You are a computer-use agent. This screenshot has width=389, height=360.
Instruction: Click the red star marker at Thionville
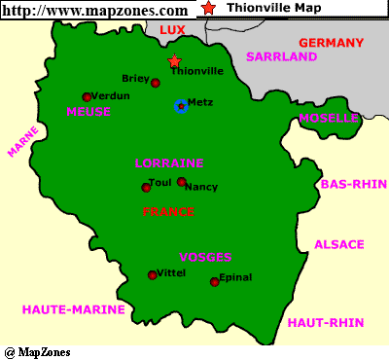tap(175, 61)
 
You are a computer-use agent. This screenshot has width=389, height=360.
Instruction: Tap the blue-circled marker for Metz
tap(181, 105)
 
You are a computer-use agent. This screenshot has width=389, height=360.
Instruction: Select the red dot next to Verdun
tap(87, 96)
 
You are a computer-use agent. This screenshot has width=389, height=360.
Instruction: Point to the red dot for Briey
tap(156, 83)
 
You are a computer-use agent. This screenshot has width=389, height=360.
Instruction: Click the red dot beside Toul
tap(146, 187)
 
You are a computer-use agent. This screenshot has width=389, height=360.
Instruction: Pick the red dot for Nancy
tap(181, 181)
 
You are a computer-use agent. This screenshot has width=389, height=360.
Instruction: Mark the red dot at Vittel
tap(152, 275)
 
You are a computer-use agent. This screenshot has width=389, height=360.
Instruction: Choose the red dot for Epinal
tap(214, 282)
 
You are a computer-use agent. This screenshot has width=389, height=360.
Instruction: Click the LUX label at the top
tap(172, 30)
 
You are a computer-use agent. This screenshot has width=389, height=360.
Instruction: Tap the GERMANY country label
tap(331, 43)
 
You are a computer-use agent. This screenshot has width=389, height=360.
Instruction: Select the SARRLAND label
tap(282, 57)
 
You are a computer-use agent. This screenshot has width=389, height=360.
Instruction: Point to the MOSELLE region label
tap(329, 119)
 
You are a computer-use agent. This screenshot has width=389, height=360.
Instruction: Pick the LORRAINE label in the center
tap(168, 162)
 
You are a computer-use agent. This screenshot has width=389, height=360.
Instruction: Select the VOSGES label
tap(205, 258)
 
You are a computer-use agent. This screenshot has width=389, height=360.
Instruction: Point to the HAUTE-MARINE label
tap(74, 309)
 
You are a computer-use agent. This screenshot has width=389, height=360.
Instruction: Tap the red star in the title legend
tap(210, 8)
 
